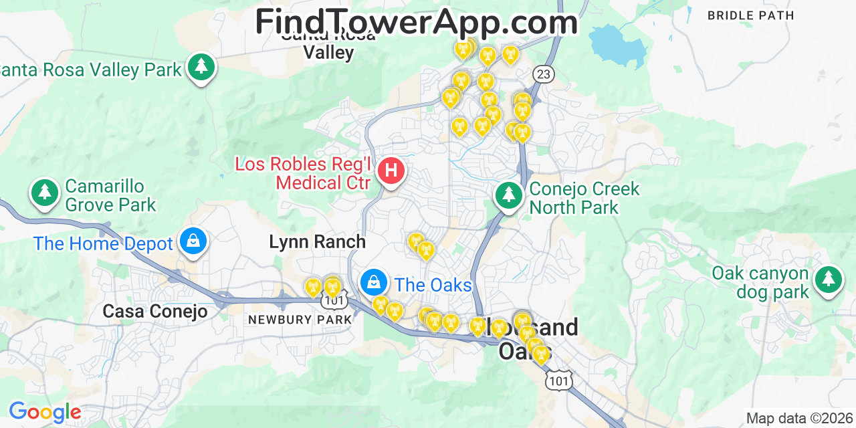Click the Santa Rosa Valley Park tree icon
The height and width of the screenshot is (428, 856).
200,67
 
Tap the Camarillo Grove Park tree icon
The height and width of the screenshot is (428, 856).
45,193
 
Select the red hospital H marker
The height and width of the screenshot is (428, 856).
391,171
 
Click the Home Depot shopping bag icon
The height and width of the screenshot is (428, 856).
193,241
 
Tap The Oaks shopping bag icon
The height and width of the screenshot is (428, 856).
374,282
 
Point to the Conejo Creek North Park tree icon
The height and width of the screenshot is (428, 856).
509,195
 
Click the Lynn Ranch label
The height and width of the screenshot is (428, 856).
317,242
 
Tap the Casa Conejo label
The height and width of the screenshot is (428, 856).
154,312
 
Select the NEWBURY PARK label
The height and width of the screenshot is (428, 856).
300,320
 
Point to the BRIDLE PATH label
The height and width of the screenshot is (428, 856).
750,15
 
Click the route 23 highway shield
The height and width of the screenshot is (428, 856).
544,74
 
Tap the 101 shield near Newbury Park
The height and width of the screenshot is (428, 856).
334,301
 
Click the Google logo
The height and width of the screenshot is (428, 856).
45,412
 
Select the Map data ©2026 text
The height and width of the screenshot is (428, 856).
799,419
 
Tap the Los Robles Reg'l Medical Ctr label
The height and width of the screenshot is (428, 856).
303,173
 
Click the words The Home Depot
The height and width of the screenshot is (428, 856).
103,243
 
